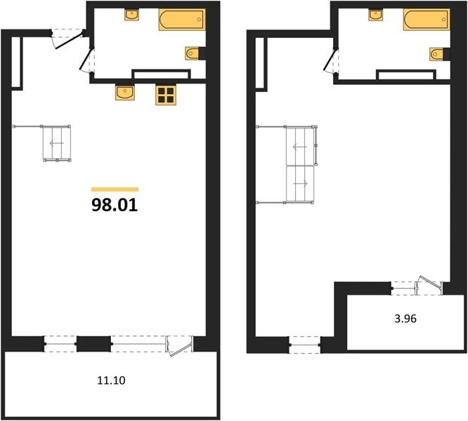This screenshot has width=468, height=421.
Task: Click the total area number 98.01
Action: [115, 205]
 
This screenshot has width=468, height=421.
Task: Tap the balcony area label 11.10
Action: [111, 380]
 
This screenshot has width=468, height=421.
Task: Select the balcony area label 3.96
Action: [405, 319]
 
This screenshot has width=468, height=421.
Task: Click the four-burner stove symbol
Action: [166, 95]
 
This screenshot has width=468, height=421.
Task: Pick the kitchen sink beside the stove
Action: [125, 92]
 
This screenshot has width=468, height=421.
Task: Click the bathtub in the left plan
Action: [182, 20]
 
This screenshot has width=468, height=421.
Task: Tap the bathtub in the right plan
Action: [427, 20]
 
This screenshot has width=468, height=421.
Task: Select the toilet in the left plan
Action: [193, 53]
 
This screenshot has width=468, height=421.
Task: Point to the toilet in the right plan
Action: [437, 54]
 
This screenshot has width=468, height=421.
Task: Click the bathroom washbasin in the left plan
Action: [131, 15]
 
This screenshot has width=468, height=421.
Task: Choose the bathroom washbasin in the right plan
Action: [376, 15]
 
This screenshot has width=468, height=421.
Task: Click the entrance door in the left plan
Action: [67, 39]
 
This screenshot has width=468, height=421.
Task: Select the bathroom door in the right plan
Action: [331, 60]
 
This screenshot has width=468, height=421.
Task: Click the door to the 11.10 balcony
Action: [179, 346]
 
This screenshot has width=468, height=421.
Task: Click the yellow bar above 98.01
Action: [115, 189]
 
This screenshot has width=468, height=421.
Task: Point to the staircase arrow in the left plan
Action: [56, 143]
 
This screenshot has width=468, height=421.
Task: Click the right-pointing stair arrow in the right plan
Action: [300, 184]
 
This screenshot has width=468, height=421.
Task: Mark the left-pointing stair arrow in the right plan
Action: [300, 147]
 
